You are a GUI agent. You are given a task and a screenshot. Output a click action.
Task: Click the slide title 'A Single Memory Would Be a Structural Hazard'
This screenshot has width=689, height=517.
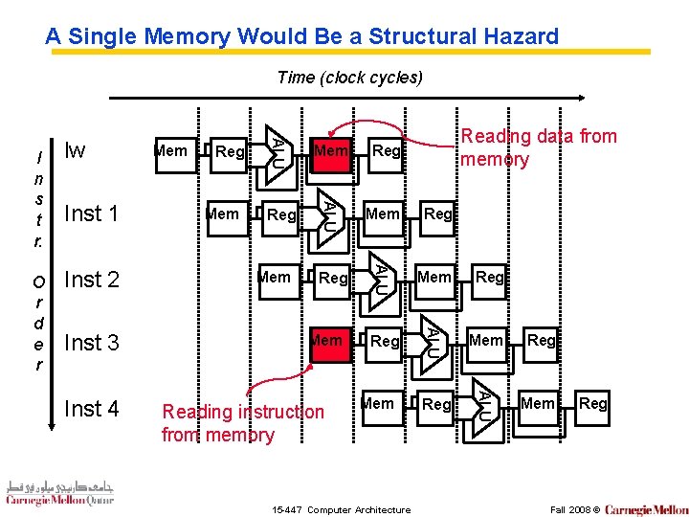coord(301,37)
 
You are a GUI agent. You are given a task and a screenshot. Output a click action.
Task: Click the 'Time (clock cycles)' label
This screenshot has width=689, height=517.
coord(348,78)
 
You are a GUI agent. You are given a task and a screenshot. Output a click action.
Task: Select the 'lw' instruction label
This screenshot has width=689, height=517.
coord(74,150)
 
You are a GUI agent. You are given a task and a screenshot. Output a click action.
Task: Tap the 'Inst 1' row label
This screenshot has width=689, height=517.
coord(90,214)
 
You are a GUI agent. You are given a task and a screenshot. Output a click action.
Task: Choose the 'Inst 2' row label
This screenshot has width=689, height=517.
coord(91,280)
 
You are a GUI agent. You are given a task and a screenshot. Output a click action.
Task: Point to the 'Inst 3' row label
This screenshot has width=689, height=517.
coord(91,343)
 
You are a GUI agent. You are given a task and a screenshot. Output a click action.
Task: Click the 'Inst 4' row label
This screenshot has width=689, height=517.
coord(91,409)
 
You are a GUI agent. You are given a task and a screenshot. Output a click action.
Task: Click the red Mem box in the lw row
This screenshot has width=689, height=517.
coord(331,151)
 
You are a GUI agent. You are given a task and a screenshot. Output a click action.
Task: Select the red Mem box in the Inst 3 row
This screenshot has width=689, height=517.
coord(327,341)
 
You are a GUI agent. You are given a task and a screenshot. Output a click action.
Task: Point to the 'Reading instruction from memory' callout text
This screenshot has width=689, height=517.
coord(243,423)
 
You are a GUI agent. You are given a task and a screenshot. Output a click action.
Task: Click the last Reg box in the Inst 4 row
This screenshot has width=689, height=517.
coord(592,404)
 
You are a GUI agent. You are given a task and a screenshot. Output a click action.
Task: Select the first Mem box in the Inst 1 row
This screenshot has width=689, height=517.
coord(224,214)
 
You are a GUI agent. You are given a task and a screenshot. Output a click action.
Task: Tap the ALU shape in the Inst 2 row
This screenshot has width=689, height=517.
coord(380,278)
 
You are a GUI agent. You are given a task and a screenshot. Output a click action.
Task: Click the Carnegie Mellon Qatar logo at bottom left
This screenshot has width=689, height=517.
coord(59,493)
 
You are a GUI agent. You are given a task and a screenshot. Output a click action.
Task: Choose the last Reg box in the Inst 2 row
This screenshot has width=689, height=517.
coord(489,278)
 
